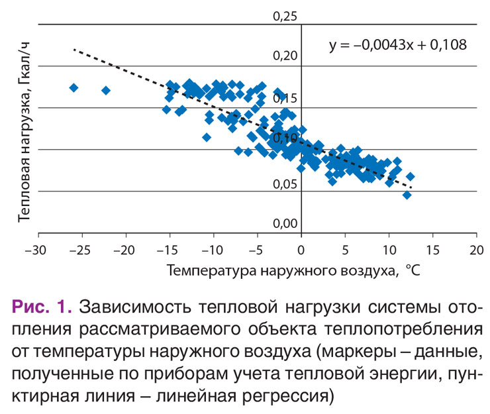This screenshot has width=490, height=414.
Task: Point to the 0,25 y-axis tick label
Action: pos(286,15)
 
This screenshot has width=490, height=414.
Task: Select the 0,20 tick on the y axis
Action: pos(286,56)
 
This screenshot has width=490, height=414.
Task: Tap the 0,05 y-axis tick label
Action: pos(286,183)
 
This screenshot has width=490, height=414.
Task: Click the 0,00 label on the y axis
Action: pos(286,225)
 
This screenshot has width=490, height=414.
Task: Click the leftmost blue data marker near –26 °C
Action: pos(74,87)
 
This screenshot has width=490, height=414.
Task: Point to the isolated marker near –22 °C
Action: pos(106,90)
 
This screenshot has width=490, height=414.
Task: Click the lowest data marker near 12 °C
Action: pos(407,195)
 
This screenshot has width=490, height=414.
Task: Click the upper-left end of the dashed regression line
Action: pos(73,49)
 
